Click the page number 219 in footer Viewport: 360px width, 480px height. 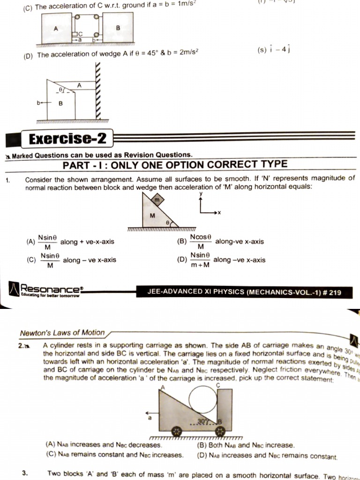(335, 293)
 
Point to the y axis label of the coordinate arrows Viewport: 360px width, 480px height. (201, 193)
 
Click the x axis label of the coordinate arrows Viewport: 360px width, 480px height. (219, 213)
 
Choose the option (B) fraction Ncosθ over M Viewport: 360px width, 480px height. (201, 242)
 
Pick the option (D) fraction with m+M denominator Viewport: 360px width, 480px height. (200, 260)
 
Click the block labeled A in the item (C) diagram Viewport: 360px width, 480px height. (56, 29)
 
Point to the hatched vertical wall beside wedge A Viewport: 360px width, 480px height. (98, 91)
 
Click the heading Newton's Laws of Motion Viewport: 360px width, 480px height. (62, 333)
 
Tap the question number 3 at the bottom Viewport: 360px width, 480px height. (24, 473)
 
